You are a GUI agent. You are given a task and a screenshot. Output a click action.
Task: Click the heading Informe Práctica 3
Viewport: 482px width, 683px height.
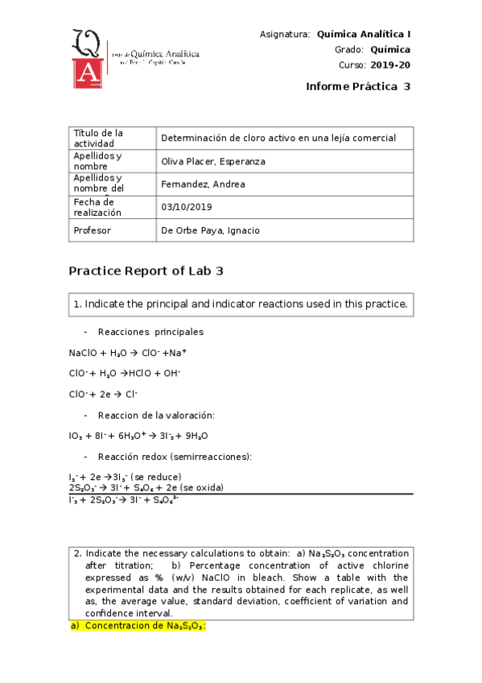358,87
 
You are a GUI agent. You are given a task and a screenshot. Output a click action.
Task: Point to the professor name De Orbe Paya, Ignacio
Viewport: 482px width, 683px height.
211,230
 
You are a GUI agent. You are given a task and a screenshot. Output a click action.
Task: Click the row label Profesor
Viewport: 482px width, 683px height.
92,230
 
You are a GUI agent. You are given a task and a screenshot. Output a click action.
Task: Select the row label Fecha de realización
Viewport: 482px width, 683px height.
97,207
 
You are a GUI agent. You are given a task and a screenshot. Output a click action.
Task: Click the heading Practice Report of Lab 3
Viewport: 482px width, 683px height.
146,271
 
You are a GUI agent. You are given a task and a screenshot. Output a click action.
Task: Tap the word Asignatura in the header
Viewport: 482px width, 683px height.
285,35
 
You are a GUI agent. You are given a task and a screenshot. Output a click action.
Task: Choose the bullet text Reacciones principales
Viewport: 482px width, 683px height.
150,332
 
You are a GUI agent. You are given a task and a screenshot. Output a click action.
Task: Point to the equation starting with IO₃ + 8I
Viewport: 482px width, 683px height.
138,436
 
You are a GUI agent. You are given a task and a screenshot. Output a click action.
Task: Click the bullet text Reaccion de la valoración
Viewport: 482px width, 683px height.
155,415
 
